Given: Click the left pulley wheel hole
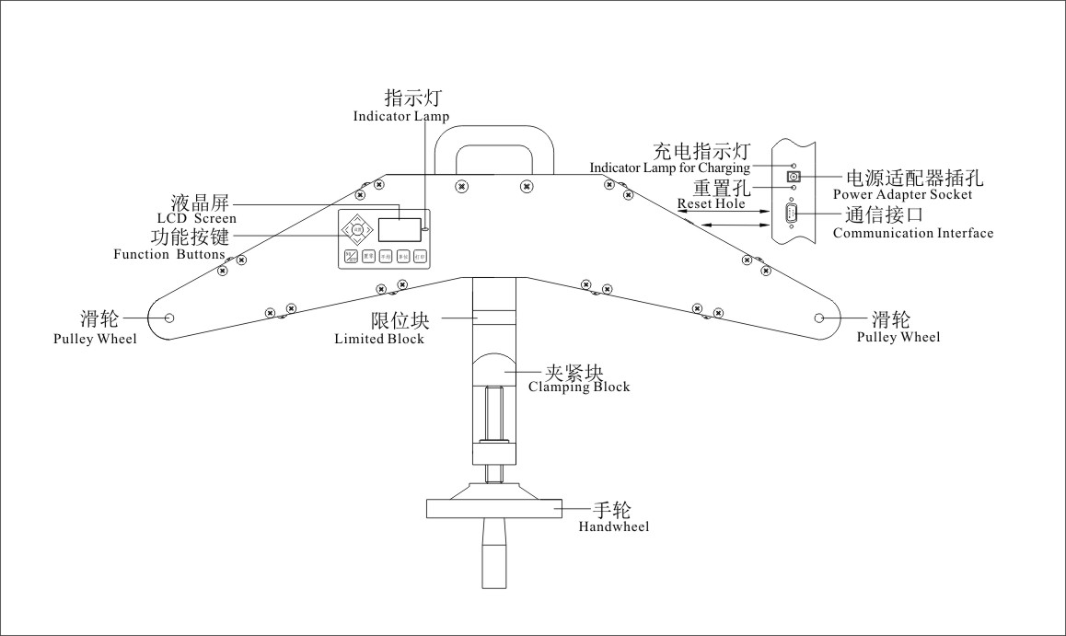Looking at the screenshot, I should tap(169, 318).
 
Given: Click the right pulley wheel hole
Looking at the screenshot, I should tap(819, 318).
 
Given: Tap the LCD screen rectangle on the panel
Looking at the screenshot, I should tap(399, 229).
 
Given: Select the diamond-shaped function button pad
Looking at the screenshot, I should tap(355, 227).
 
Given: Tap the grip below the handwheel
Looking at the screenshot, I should tap(495, 553).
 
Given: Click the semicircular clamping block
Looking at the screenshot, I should tap(495, 369).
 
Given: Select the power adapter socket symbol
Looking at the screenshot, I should tap(792, 176).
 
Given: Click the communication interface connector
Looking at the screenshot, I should tap(792, 214).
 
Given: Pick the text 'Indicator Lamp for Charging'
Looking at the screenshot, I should tap(669, 168).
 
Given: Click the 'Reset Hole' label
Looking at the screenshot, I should tap(711, 203).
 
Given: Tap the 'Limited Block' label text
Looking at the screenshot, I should tap(379, 339).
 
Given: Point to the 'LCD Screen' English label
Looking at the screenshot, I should tap(196, 219).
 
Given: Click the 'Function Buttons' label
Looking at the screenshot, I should tap(169, 254).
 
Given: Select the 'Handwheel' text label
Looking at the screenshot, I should tap(614, 527).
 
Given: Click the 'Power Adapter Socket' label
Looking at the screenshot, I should tap(902, 195).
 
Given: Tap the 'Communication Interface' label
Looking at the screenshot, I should tap(913, 234).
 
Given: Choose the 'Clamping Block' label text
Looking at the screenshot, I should tap(579, 387).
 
